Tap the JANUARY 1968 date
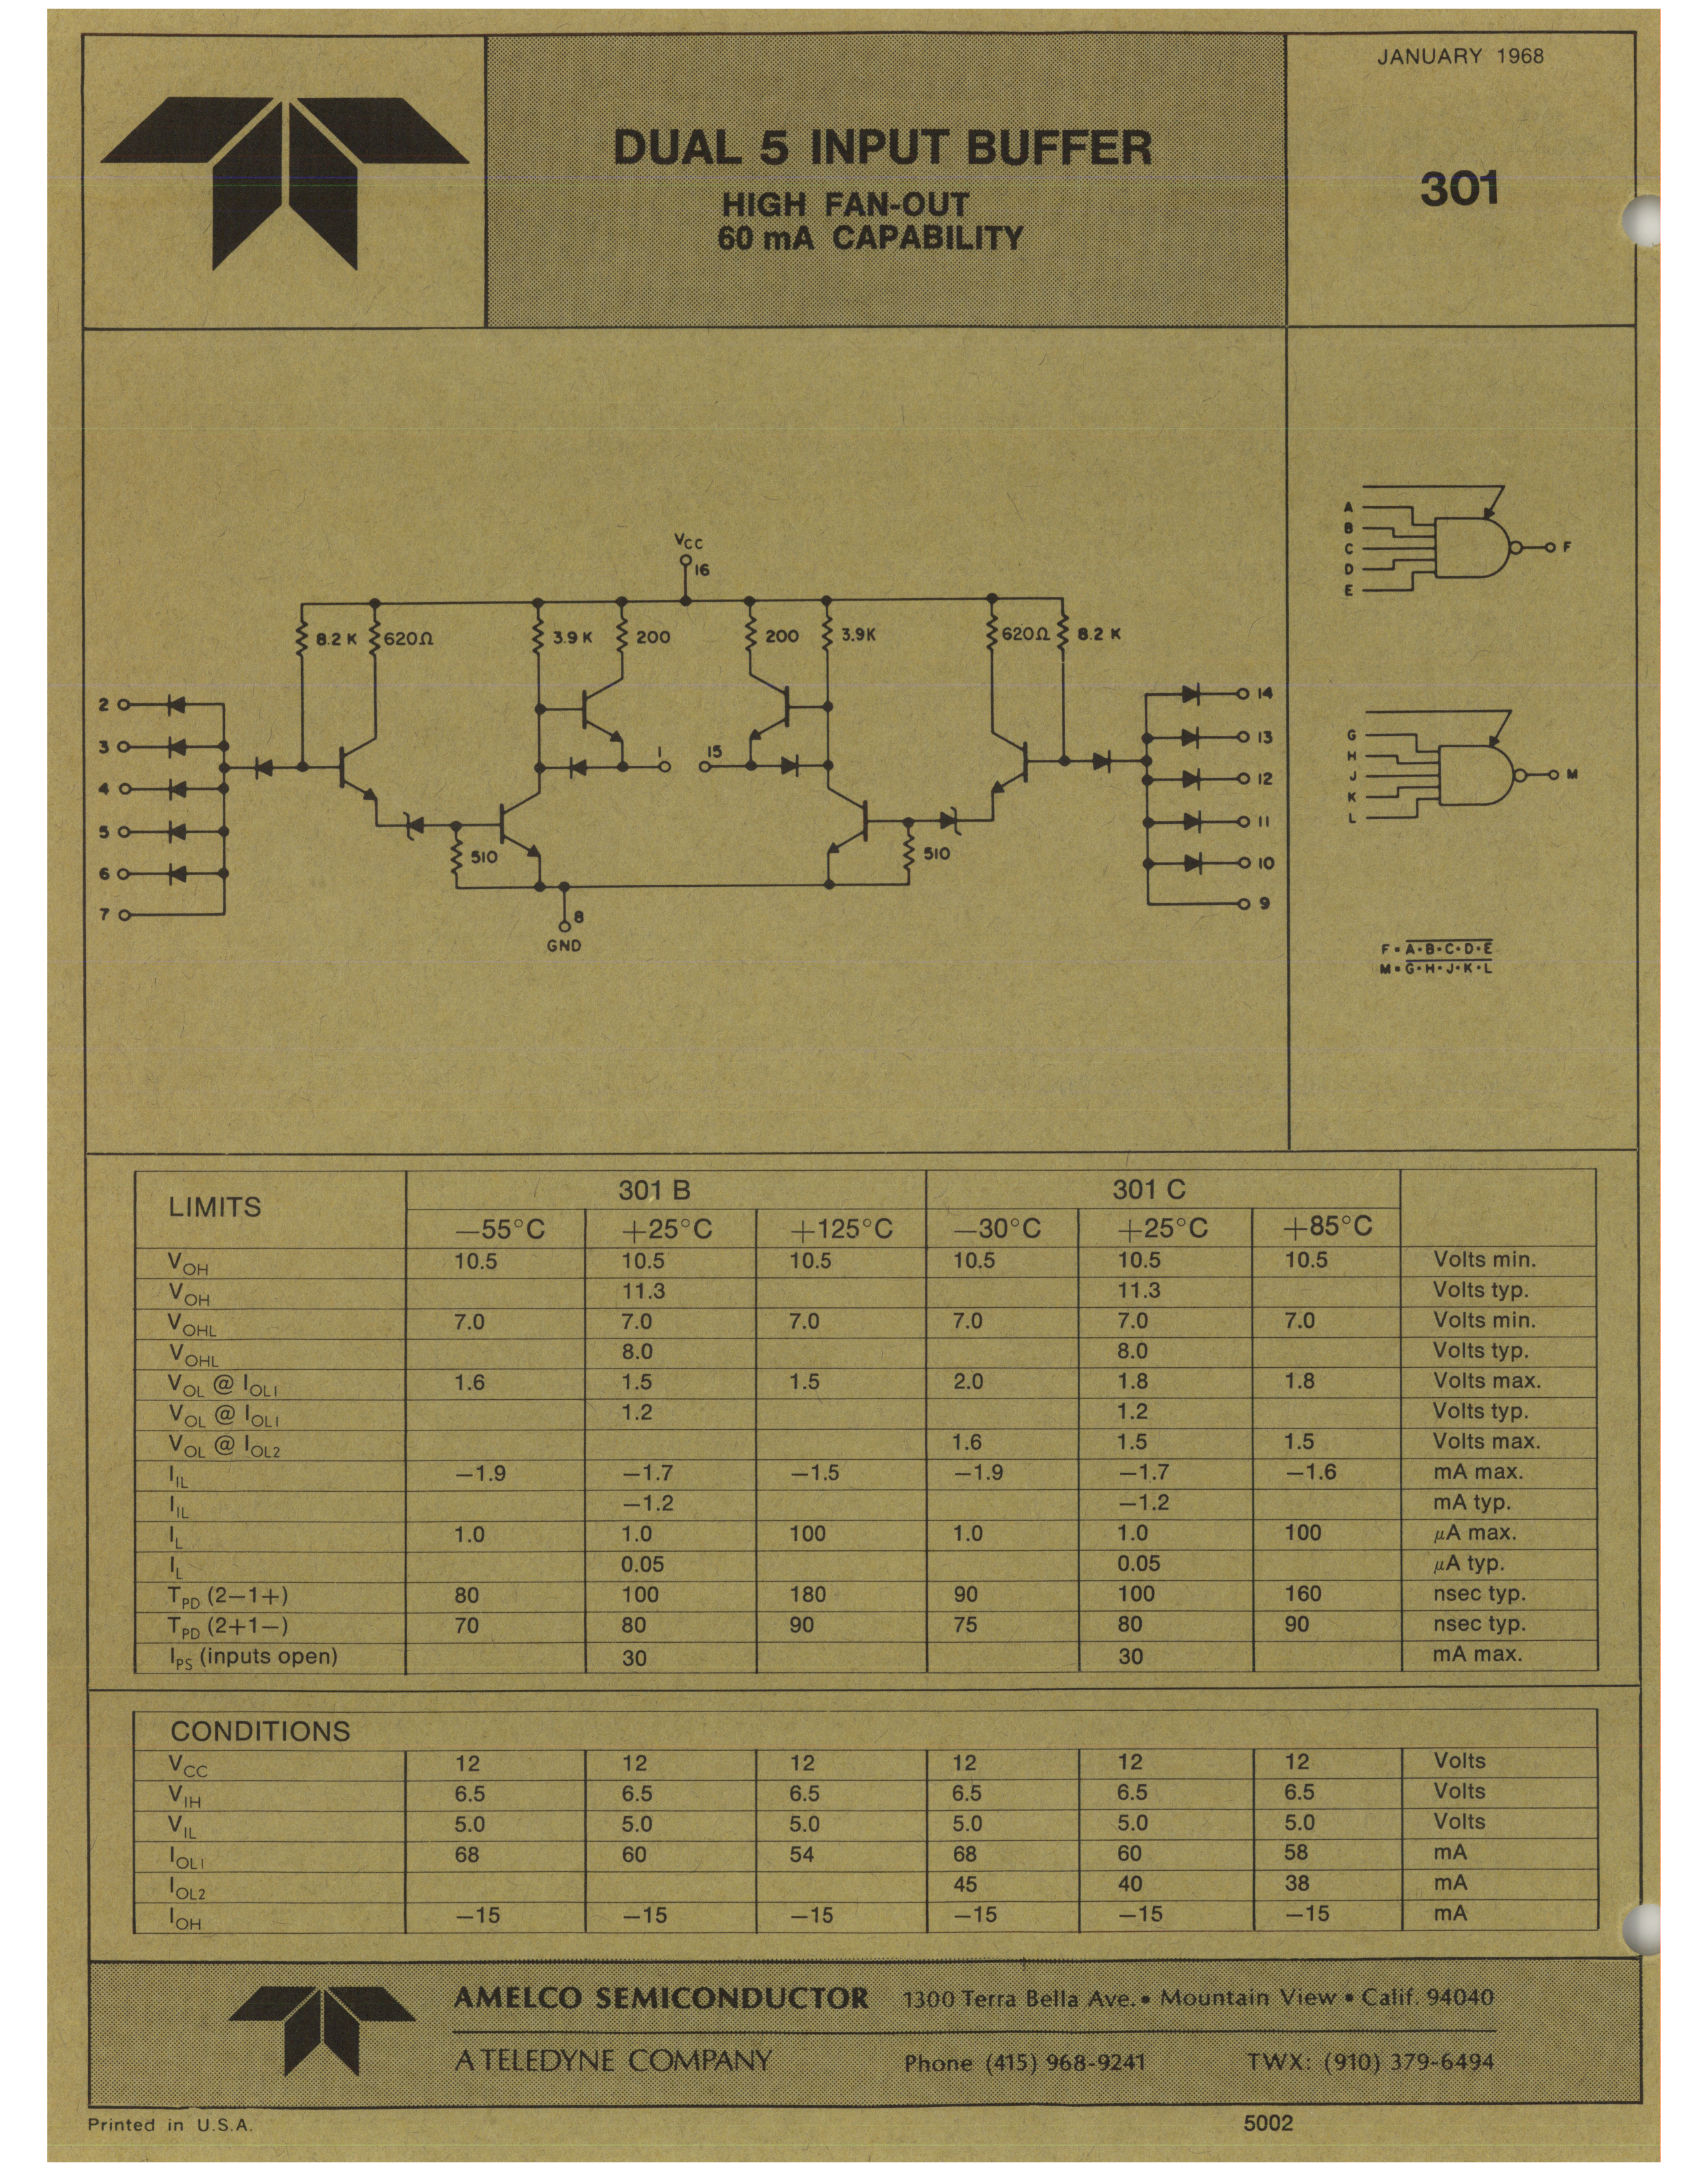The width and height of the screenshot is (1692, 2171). coord(1460,57)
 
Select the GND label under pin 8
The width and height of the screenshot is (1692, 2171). coord(564,946)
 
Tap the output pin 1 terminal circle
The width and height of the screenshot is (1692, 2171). coord(664,767)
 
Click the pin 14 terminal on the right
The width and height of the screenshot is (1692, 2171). coord(1242,694)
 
